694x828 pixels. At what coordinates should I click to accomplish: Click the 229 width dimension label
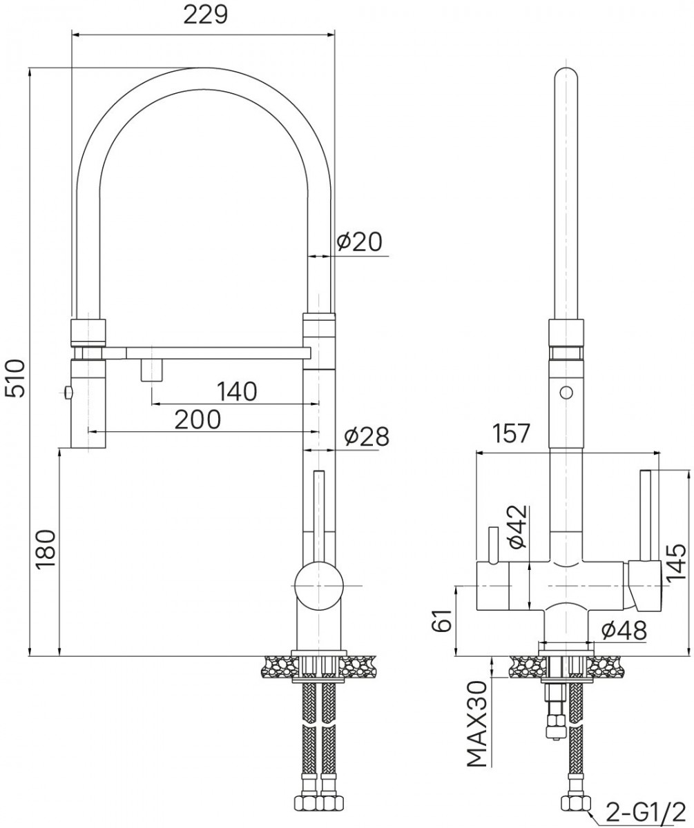pos(206,16)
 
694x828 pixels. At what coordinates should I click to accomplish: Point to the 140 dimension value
pos(237,391)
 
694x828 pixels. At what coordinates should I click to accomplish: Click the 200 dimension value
pos(197,420)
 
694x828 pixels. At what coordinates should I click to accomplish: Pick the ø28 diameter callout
pos(367,436)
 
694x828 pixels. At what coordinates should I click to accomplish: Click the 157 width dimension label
pos(511,433)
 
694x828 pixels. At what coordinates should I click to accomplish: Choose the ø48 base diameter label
pos(624,630)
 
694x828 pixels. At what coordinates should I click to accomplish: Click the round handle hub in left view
pos(318,586)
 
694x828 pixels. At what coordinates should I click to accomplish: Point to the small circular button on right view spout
pos(566,393)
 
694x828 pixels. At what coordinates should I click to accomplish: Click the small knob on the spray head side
pos(68,393)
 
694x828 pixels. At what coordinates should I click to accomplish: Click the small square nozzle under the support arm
pos(152,370)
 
